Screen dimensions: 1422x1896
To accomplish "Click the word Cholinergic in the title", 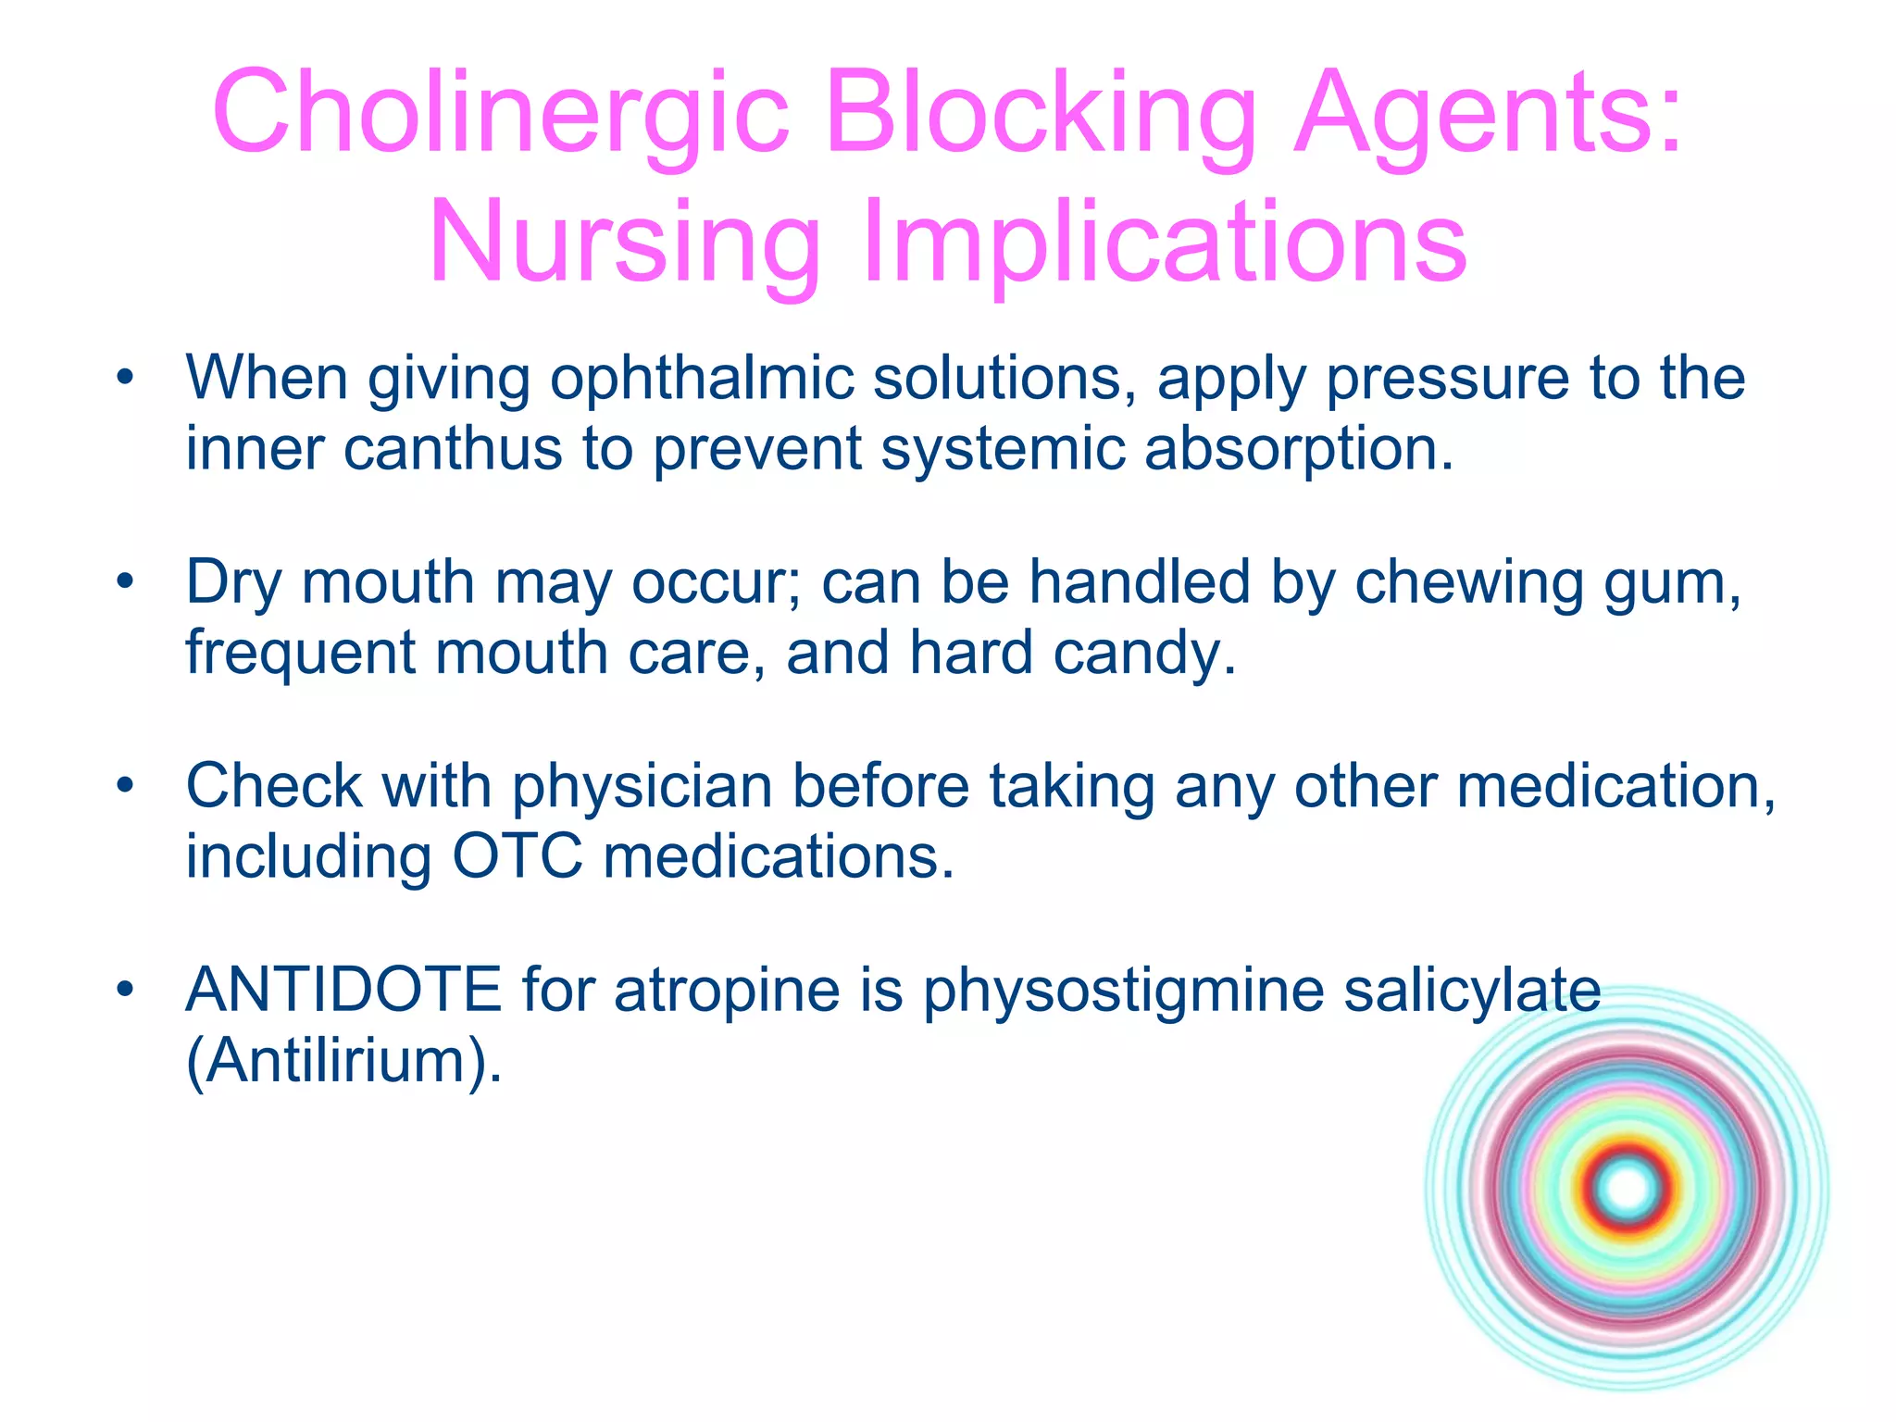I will pos(501,114).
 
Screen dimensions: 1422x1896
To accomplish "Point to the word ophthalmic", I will pos(701,380).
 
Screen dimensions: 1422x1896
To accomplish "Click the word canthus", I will pos(453,449).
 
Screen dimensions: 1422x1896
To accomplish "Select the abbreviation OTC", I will pos(518,856).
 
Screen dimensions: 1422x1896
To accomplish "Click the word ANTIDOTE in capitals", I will pos(343,990).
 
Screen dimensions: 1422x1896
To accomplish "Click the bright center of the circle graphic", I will pos(1628,1189).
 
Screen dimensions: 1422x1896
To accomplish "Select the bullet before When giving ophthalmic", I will pos(126,378).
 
